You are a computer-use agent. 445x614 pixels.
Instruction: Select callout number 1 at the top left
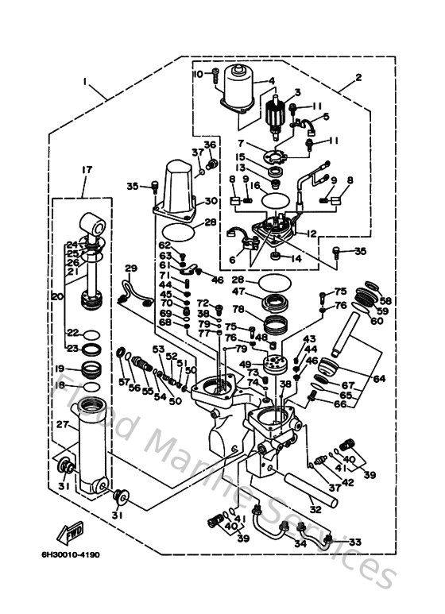83,80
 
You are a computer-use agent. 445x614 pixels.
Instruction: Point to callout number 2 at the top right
359,77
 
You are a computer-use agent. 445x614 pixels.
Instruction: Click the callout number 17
83,168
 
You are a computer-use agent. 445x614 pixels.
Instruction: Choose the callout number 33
354,542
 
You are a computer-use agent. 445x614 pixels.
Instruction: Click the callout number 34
300,543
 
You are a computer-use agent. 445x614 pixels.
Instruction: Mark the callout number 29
131,268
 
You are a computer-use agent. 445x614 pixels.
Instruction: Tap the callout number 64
378,379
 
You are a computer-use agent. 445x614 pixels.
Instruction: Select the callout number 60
375,320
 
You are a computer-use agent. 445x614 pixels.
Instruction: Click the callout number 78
238,309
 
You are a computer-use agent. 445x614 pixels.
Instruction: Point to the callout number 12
311,234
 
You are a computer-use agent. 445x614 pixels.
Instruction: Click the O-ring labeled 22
92,334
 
